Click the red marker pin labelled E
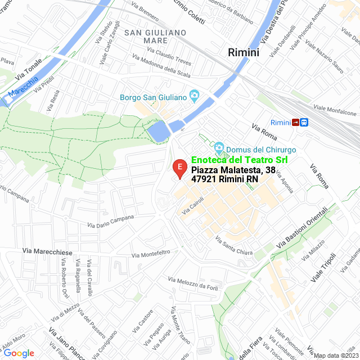(179, 168)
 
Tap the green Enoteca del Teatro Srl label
(239, 160)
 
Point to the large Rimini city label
(244, 52)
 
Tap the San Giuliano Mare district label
(156, 37)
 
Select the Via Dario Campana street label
(111, 222)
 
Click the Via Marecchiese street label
(47, 252)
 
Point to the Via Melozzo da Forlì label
(193, 283)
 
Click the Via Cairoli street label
(193, 209)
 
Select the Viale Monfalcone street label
(335, 111)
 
